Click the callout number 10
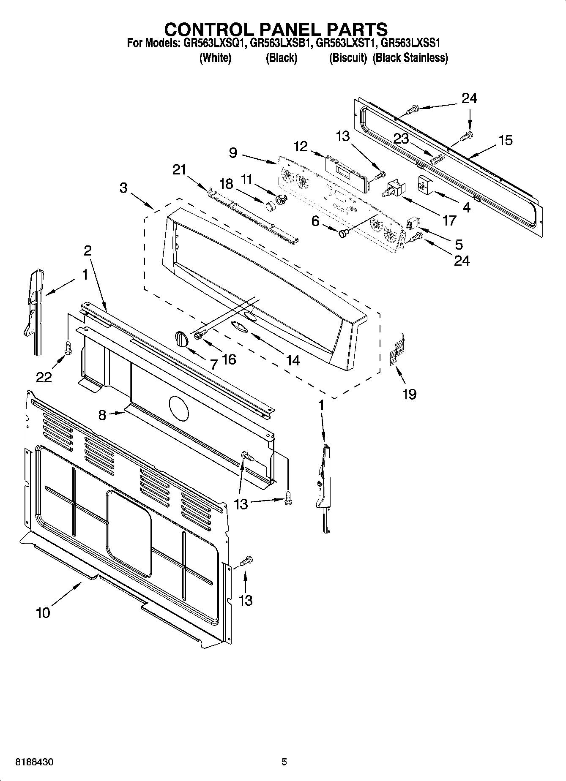coord(43,612)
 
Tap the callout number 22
coord(44,376)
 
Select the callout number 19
coord(409,394)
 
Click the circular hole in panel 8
coord(180,408)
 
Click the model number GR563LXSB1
coord(280,43)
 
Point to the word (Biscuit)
coord(347,58)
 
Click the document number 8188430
coord(34,762)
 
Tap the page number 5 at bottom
coord(284,762)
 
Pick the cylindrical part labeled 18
coord(271,206)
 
